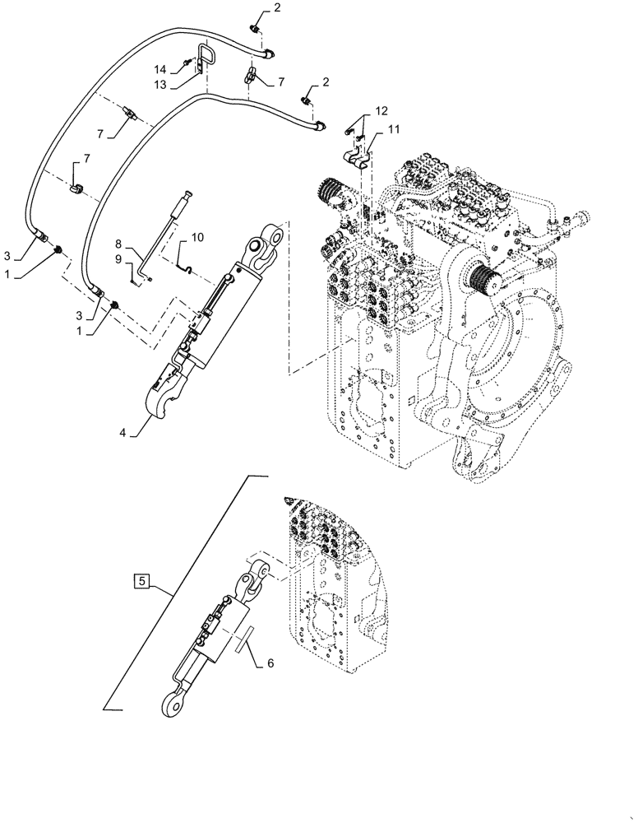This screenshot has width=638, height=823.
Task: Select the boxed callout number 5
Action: (141, 582)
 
